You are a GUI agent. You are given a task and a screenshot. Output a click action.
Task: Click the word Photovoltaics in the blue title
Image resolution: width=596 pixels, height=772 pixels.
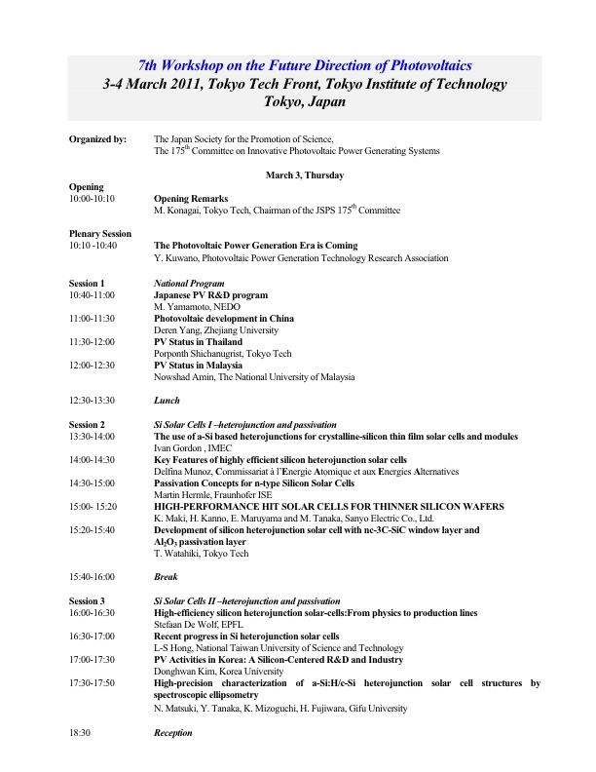[x=416, y=65]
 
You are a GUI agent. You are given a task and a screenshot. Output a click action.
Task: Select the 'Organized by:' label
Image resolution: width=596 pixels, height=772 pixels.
[x=97, y=139]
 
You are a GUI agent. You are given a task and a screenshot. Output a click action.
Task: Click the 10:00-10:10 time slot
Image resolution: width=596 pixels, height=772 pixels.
[x=92, y=198]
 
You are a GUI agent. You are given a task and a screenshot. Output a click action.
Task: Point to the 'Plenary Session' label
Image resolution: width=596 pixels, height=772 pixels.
[x=100, y=234]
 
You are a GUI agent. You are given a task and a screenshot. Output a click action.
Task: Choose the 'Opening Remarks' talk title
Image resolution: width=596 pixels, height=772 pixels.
[x=191, y=198]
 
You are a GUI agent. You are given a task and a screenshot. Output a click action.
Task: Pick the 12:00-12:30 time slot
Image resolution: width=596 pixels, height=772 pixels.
[x=92, y=366]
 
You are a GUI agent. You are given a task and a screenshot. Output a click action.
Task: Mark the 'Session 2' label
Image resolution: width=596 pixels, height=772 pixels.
[x=87, y=425]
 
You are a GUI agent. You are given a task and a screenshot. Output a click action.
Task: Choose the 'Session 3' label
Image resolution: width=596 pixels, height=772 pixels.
[x=87, y=601]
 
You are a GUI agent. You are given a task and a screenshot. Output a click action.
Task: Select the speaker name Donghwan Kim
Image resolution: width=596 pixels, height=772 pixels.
[x=185, y=672]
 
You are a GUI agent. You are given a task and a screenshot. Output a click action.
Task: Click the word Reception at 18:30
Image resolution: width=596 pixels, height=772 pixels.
[x=173, y=731]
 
